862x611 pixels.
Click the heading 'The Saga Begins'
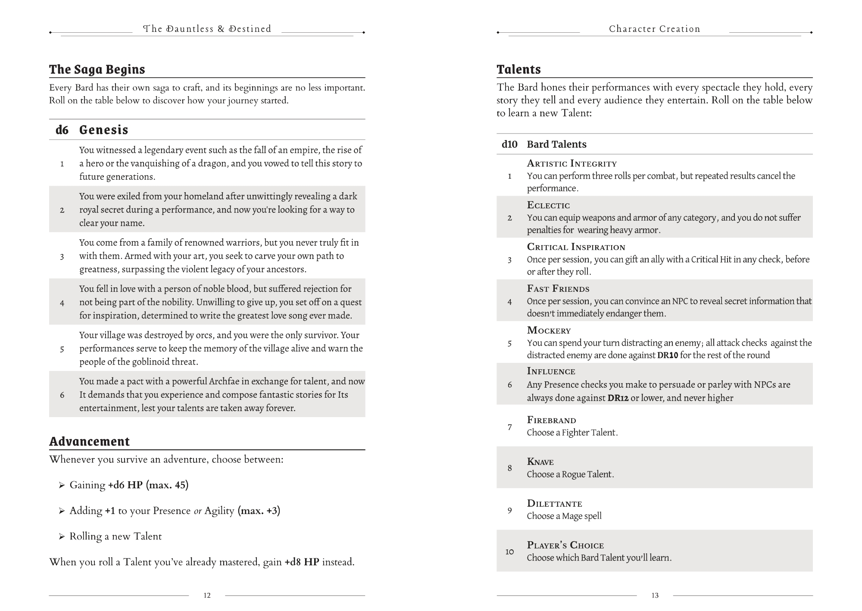click(x=97, y=69)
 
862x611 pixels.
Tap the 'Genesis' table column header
click(x=103, y=130)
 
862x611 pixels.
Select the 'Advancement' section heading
click(x=89, y=441)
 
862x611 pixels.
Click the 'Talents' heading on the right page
click(x=518, y=69)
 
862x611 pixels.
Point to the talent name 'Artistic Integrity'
click(x=572, y=163)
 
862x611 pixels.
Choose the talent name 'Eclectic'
click(x=548, y=205)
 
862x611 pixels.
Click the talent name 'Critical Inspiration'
click(x=576, y=247)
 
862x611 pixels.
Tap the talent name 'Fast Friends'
click(x=558, y=289)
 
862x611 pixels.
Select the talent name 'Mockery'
click(x=549, y=330)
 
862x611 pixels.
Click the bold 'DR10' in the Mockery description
click(x=668, y=355)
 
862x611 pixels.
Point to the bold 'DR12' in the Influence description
click(x=618, y=398)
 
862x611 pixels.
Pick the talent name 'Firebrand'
click(x=551, y=420)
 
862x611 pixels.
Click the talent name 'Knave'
click(x=540, y=462)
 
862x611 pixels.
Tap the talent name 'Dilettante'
click(x=554, y=504)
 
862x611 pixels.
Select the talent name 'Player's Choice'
click(x=565, y=545)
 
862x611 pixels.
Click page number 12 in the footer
click(x=207, y=595)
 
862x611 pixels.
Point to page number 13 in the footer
click(x=655, y=595)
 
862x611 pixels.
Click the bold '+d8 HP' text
click(x=302, y=562)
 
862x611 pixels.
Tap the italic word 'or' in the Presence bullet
click(x=197, y=511)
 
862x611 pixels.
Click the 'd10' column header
click(x=509, y=144)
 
